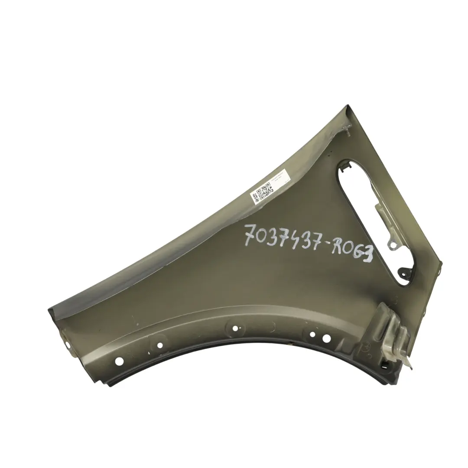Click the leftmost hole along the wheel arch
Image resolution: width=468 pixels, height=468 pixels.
120,361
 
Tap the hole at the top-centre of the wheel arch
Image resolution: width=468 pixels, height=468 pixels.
235,328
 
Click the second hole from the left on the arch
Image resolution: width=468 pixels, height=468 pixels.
160,345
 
